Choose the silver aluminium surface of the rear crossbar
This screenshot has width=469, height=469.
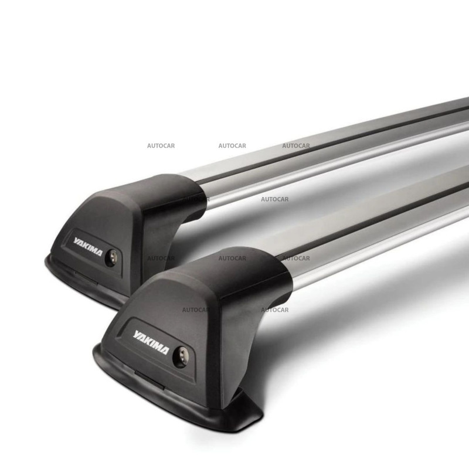[328, 158]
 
